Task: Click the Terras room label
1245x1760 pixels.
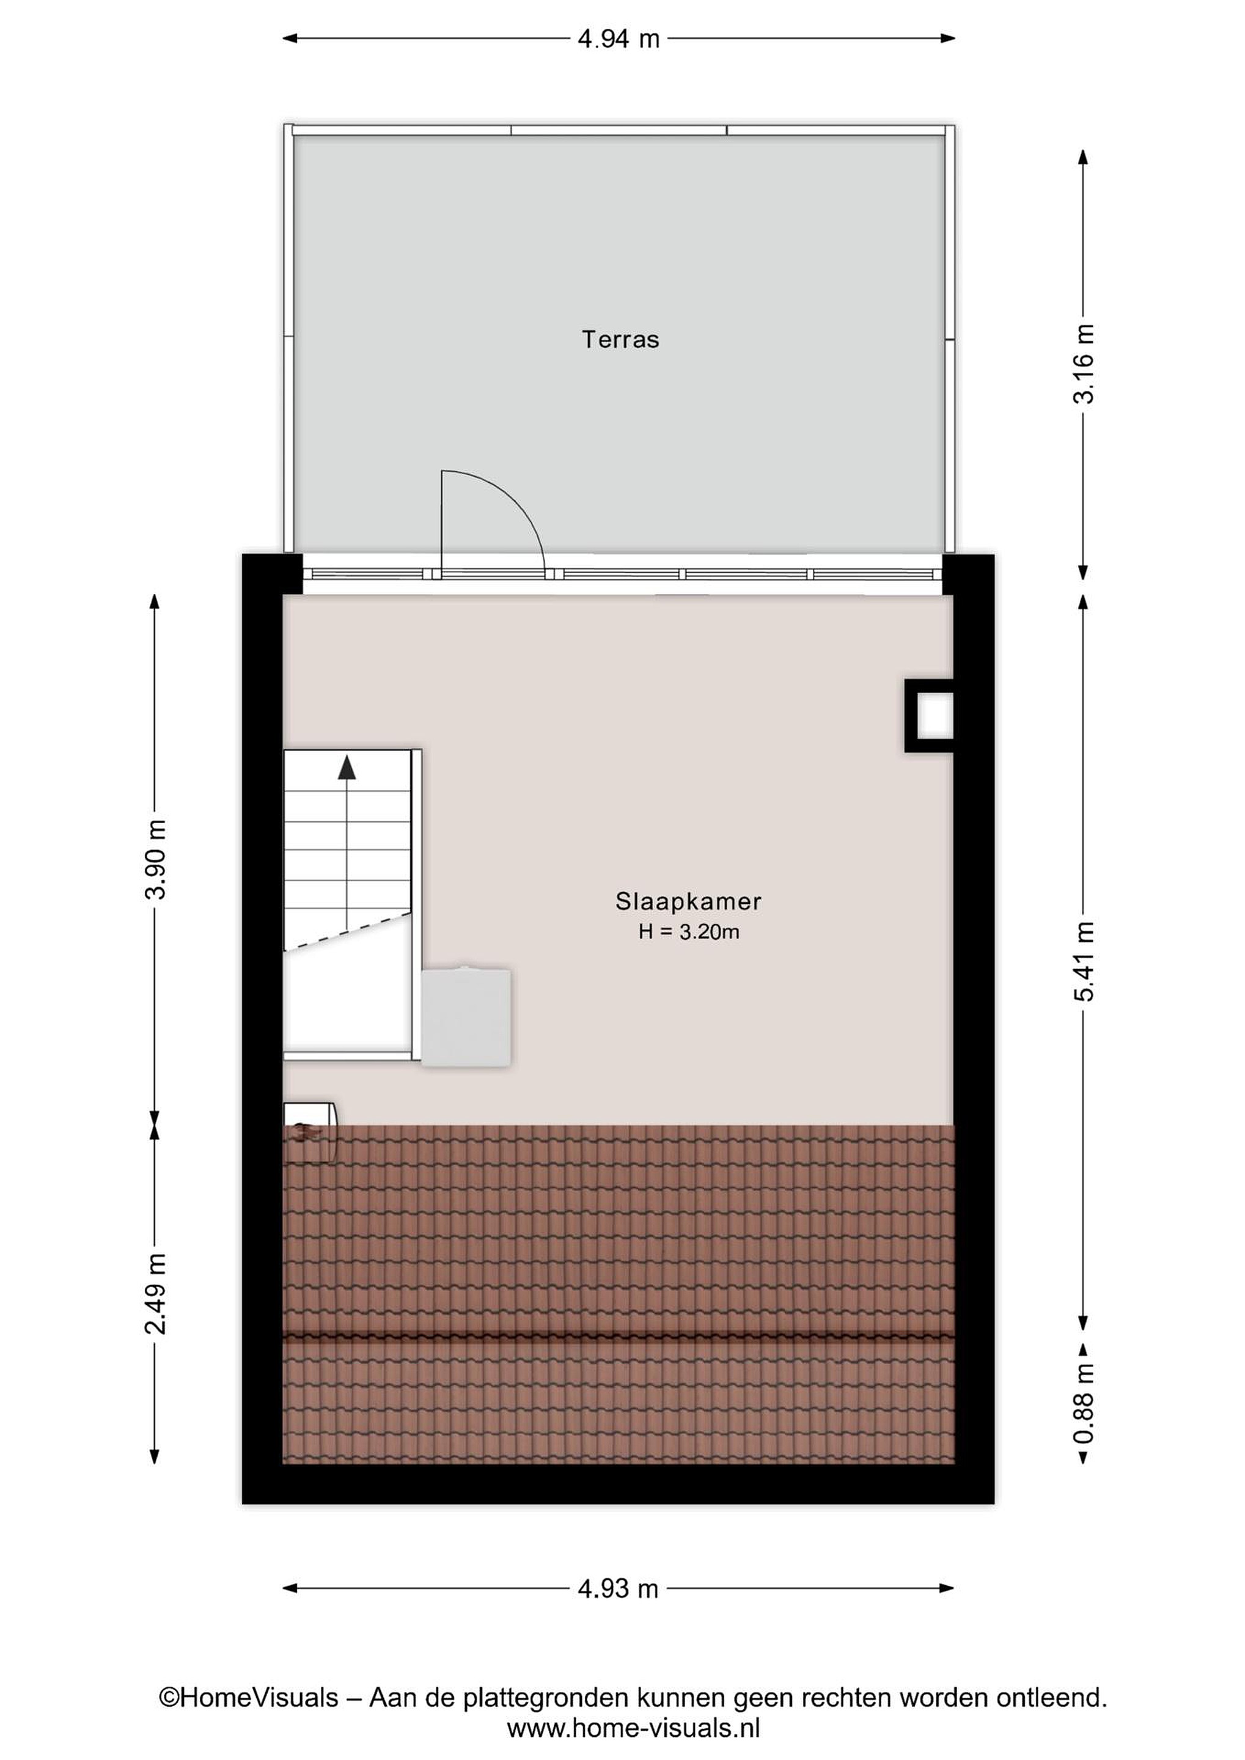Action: coord(620,340)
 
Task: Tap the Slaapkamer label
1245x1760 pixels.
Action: coord(688,901)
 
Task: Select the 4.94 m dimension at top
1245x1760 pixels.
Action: coord(619,38)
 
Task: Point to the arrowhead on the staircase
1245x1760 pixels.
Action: coord(347,766)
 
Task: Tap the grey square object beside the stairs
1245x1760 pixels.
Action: coord(466,1018)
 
